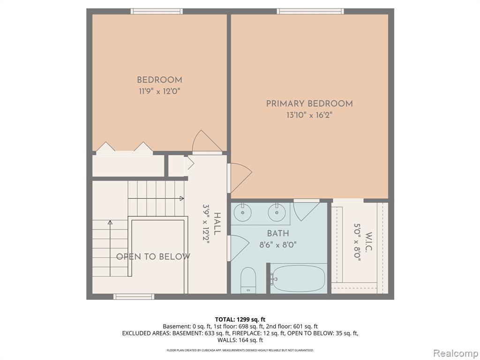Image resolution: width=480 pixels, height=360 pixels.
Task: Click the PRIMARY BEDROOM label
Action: [309, 104]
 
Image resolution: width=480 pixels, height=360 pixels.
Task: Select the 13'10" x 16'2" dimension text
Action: [309, 115]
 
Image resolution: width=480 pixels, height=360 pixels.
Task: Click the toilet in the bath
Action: [248, 280]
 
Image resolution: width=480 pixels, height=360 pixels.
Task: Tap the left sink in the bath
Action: [243, 212]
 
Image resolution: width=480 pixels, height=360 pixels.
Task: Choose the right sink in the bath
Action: [277, 212]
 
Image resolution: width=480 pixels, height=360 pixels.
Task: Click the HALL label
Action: [217, 224]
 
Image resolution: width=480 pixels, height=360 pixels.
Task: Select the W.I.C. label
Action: [368, 242]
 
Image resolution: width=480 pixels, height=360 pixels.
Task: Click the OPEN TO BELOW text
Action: [153, 256]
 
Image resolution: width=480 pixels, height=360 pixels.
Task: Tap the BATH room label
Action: [278, 233]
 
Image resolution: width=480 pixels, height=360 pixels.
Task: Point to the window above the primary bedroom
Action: [310, 11]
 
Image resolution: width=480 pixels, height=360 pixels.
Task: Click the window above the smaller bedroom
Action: [157, 11]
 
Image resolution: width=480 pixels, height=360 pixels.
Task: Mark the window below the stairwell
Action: [134, 296]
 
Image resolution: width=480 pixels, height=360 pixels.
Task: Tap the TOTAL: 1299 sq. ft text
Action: [240, 320]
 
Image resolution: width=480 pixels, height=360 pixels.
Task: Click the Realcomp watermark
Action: [455, 353]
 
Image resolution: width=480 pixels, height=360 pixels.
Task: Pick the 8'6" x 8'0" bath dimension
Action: [278, 245]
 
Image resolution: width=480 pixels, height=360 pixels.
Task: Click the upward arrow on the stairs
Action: [110, 248]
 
